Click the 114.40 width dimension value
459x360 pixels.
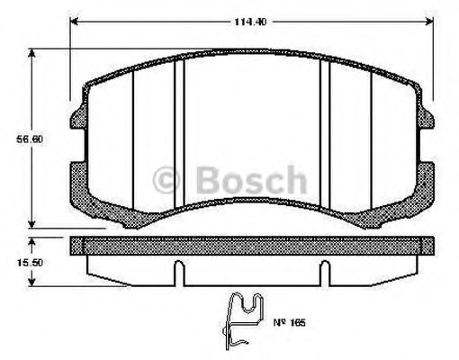coord(250,22)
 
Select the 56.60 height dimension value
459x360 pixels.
coord(30,139)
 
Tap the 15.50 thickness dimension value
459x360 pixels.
coord(30,263)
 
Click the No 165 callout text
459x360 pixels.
coord(289,323)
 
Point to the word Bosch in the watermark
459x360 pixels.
coord(251,180)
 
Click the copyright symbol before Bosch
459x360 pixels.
coord(166,180)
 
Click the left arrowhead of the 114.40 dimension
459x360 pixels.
coord(74,22)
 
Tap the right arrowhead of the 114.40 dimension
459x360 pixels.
coord(429,22)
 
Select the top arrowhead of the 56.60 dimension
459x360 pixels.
coord(31,53)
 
